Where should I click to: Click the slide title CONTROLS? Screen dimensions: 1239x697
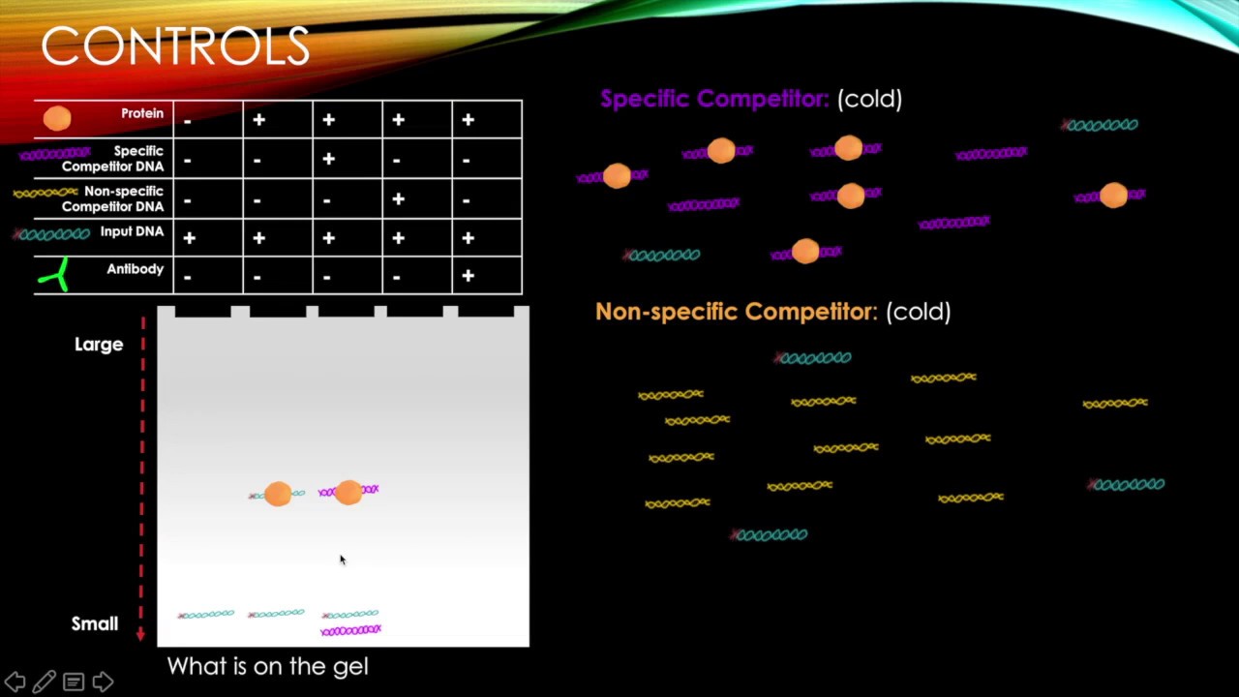[x=175, y=46]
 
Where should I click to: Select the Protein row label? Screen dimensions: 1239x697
[x=142, y=113]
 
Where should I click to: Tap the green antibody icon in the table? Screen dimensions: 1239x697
[x=55, y=274]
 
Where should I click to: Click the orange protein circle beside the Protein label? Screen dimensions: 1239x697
[x=57, y=118]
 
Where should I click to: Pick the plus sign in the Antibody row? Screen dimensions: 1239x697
[x=468, y=276]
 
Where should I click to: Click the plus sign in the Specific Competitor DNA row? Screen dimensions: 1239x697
[x=328, y=159]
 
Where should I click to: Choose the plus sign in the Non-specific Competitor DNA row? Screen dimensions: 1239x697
[x=398, y=198]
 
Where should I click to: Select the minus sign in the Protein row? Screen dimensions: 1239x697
[x=188, y=122]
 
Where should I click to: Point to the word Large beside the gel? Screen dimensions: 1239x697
[x=99, y=345]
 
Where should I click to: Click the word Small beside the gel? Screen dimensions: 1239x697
[x=95, y=624]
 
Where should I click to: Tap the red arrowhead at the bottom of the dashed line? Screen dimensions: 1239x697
[x=140, y=634]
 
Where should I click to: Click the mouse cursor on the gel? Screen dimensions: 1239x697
[x=343, y=560]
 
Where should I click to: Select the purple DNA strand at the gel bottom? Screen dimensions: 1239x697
[x=350, y=629]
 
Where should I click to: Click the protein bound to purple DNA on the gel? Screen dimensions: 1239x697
[x=348, y=493]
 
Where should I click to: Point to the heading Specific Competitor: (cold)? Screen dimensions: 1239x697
[x=751, y=99]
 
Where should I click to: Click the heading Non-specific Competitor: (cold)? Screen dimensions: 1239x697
[x=773, y=312]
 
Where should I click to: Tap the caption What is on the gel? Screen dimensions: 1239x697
[x=268, y=667]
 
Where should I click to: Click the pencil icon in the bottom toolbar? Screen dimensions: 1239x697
[x=45, y=682]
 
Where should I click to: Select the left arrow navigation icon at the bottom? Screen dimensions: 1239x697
[x=15, y=682]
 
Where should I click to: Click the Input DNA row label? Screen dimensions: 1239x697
[x=132, y=231]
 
